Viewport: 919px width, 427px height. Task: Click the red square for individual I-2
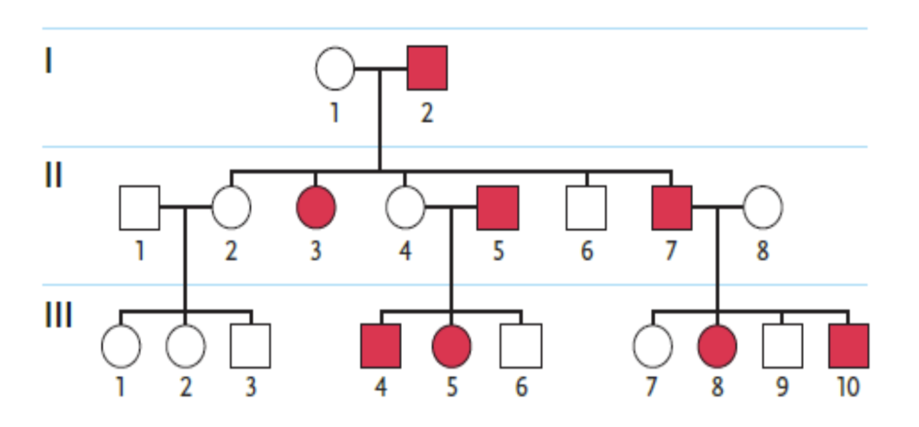pos(427,68)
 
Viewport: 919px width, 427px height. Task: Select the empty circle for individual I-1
pos(334,68)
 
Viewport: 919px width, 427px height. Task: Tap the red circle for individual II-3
pos(316,207)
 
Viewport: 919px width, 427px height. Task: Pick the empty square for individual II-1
pos(139,207)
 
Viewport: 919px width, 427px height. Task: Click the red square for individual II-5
pos(498,207)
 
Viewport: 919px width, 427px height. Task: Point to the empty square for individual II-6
pos(587,207)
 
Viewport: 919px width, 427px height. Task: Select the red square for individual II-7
pos(672,207)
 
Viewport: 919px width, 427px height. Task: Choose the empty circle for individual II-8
pos(762,207)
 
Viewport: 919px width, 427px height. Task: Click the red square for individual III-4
pos(381,346)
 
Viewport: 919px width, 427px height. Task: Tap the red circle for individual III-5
pos(451,346)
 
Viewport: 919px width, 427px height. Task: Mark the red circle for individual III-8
pos(717,346)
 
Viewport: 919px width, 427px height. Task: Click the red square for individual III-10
pos(849,346)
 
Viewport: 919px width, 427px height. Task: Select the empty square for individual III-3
pos(250,346)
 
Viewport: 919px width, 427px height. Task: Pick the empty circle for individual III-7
pos(653,346)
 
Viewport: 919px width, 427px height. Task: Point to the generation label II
pos(53,176)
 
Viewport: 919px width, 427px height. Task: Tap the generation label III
pos(58,315)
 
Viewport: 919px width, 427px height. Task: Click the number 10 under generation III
pos(847,387)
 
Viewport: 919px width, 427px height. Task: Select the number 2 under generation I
pos(427,112)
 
